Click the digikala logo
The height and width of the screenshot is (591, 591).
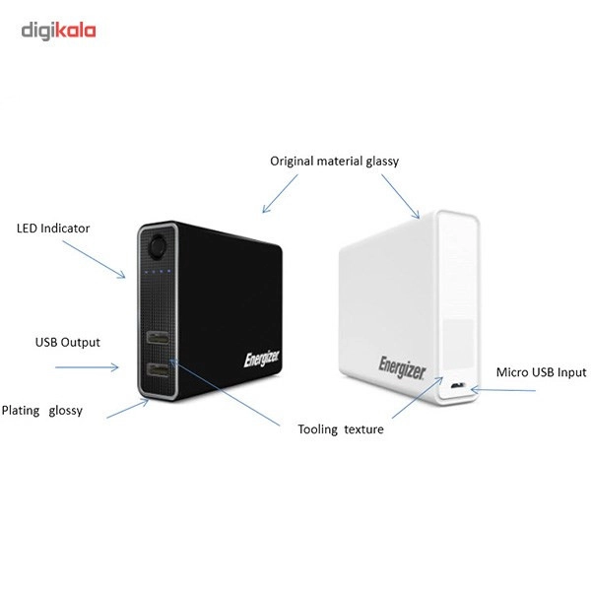(58, 31)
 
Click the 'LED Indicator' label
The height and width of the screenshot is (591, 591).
(53, 229)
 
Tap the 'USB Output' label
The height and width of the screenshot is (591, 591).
(68, 342)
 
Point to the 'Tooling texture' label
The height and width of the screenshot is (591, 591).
(341, 429)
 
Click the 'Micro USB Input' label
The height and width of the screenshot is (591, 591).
(541, 372)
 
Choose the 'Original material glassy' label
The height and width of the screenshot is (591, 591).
(334, 162)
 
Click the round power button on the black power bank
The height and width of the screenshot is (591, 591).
(158, 246)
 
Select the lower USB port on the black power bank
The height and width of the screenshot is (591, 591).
(158, 370)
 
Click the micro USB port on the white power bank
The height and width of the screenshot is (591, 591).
(458, 385)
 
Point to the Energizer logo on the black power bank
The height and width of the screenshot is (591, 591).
(262, 359)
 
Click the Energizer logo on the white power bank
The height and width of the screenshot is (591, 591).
(402, 367)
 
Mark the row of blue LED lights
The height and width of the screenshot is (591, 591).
(158, 271)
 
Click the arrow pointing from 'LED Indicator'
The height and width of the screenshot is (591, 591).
(94, 259)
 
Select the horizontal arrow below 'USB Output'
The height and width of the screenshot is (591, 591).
(87, 367)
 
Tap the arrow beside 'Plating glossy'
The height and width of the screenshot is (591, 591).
(127, 409)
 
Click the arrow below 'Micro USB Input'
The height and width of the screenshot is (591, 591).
(503, 390)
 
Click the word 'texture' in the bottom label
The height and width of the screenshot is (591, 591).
(364, 429)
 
